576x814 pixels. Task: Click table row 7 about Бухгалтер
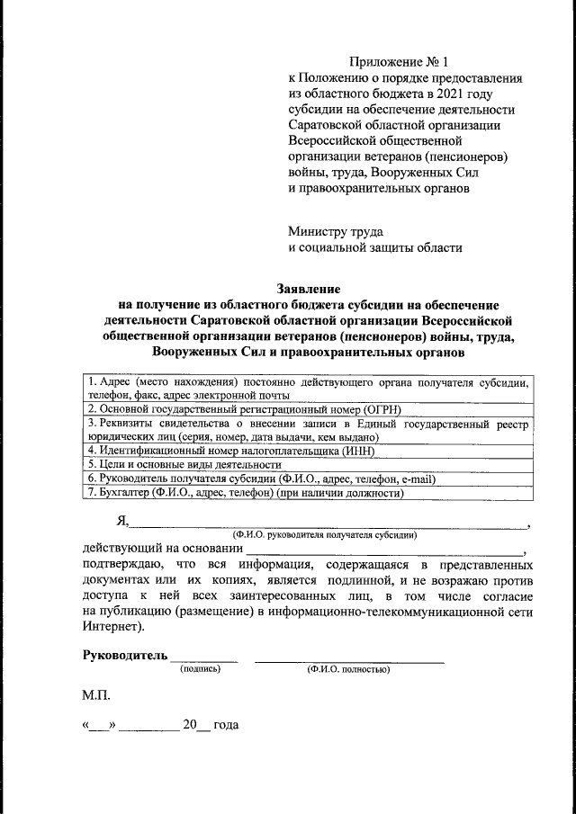(x=242, y=493)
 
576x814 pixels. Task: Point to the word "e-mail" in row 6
(x=416, y=479)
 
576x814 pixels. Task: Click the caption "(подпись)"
(x=200, y=669)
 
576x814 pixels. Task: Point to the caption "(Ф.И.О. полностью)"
(x=347, y=669)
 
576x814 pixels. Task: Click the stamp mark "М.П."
(x=96, y=695)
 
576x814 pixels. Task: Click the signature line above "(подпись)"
(x=204, y=660)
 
